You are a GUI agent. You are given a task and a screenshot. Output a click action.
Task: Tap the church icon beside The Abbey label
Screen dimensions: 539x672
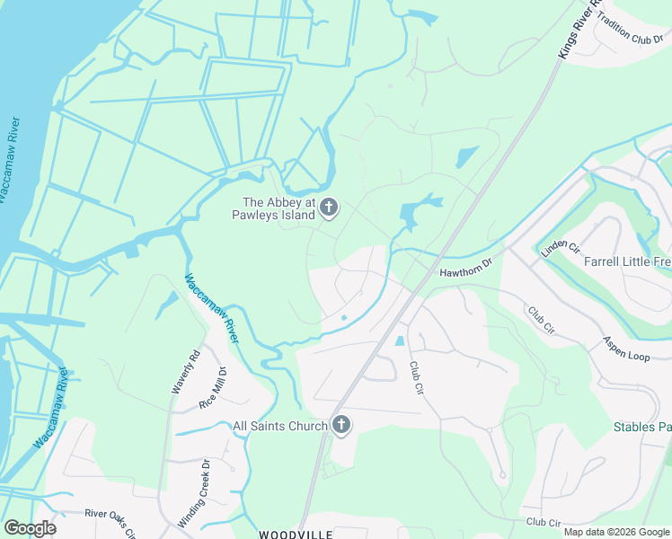(x=329, y=209)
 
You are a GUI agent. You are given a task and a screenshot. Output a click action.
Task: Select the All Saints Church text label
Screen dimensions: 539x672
(x=279, y=426)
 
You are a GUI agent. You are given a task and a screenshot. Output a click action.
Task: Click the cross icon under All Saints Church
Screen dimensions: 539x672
(x=340, y=426)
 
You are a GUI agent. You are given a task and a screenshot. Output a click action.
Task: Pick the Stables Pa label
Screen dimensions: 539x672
(x=641, y=427)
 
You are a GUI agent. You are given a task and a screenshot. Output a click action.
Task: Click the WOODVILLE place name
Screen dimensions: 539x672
(x=296, y=535)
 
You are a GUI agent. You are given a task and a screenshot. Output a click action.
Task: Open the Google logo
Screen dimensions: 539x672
(x=30, y=527)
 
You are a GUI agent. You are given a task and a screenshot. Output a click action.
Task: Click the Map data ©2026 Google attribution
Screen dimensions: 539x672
(x=616, y=532)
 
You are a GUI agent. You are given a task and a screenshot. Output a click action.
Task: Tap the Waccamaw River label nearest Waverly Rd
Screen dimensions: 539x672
(x=213, y=308)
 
